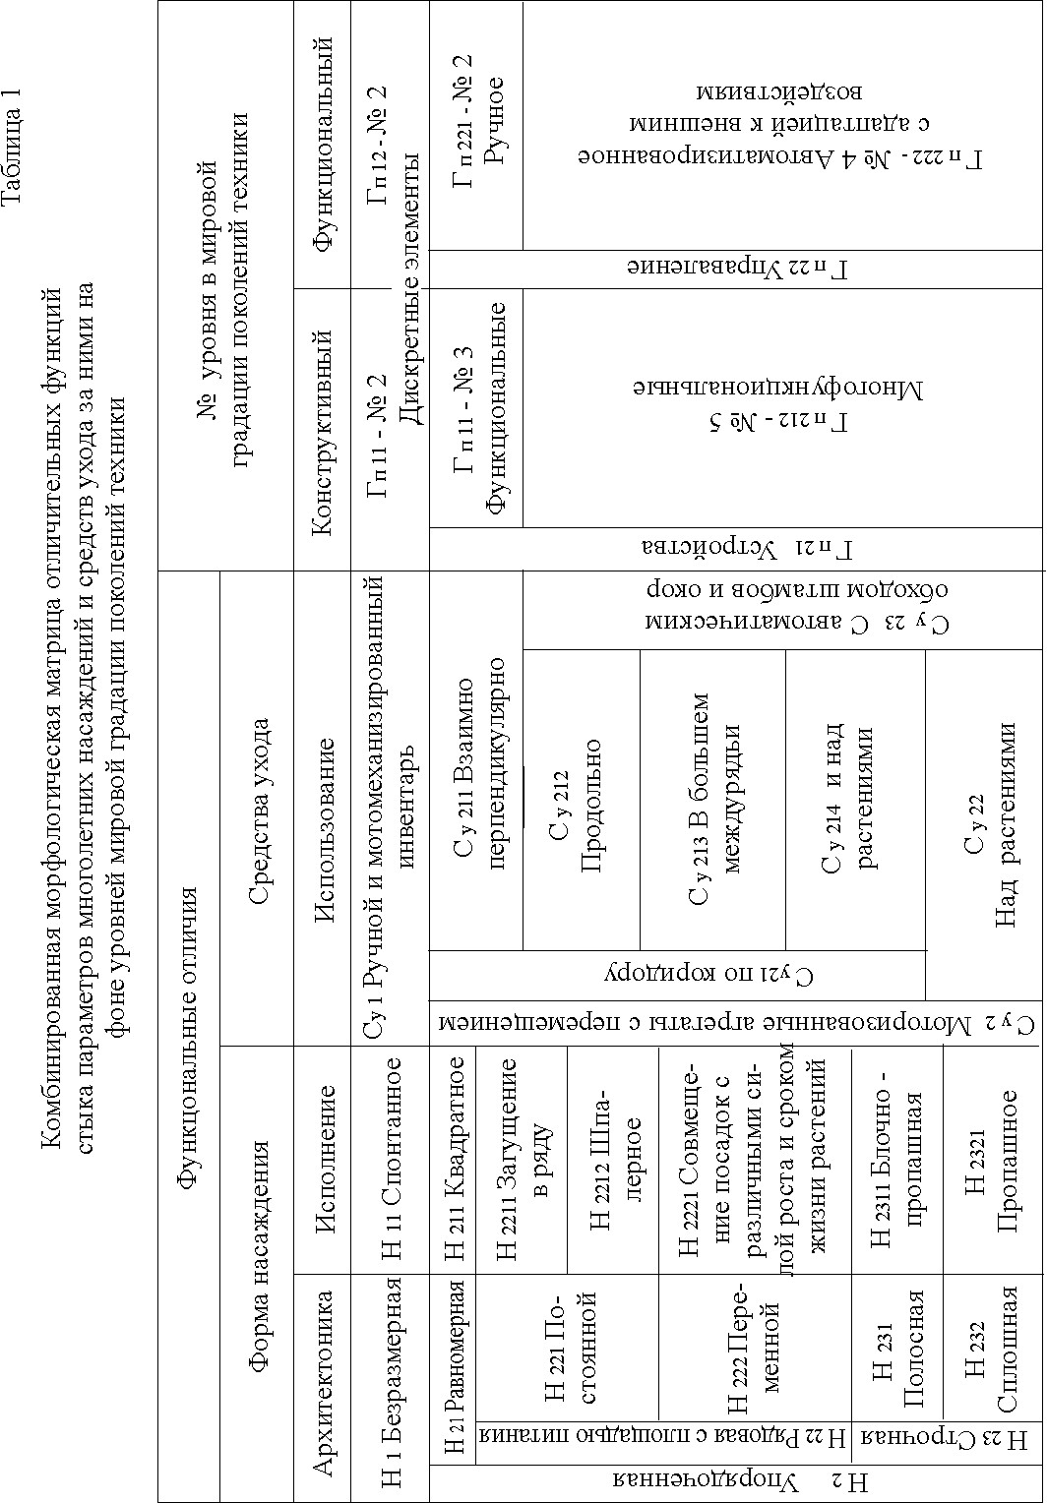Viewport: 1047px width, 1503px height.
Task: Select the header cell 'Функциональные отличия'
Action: point(189,1033)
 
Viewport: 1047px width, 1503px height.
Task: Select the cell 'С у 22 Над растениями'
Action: point(989,836)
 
